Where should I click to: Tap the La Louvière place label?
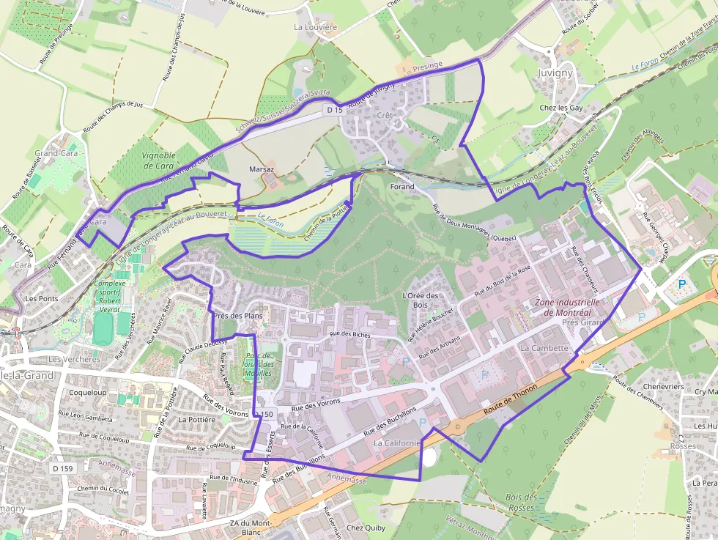(315, 27)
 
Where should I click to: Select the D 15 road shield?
(335, 110)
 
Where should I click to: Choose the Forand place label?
(402, 187)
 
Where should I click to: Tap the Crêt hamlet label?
(385, 116)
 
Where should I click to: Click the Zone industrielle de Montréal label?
(568, 307)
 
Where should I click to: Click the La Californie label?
(397, 443)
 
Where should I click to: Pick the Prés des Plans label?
(238, 316)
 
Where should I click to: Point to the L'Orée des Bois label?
(421, 300)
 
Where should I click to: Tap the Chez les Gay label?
(561, 108)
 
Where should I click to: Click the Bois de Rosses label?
(522, 503)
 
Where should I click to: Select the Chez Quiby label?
(366, 528)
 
